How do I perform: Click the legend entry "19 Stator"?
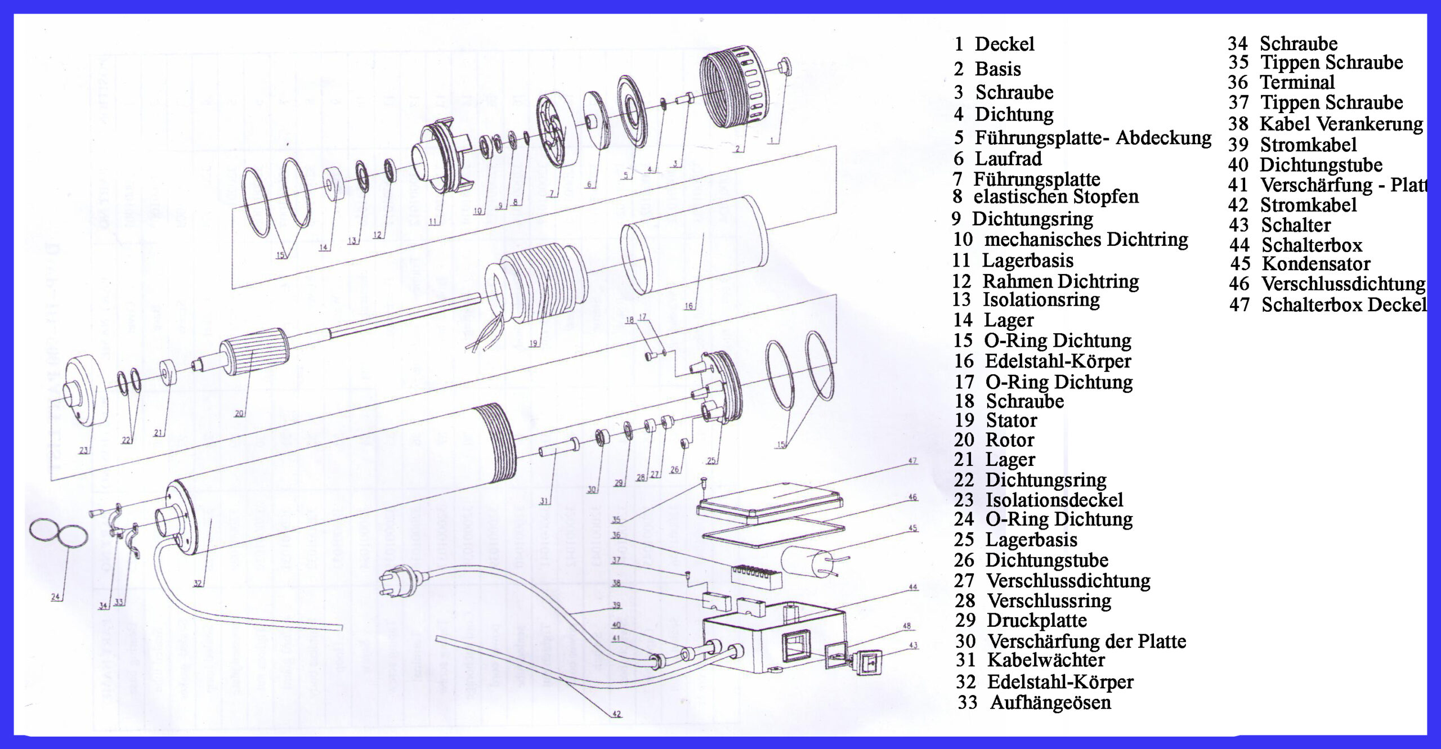(995, 420)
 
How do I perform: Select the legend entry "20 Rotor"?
(994, 440)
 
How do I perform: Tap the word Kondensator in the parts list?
(1315, 264)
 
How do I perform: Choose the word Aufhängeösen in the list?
(1050, 703)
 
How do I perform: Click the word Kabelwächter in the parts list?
(1045, 660)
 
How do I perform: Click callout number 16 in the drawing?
(688, 307)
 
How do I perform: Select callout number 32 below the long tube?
(198, 584)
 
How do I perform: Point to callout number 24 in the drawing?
(55, 597)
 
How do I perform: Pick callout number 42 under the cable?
(616, 714)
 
